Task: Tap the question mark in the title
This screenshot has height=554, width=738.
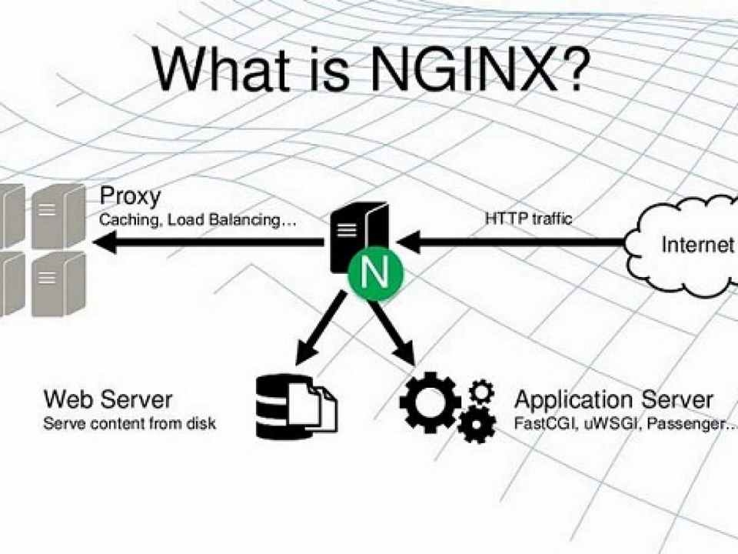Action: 574,65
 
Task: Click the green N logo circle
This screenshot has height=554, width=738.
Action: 376,272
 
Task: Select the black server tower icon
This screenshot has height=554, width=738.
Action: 359,238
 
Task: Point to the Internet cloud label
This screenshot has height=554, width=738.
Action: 697,245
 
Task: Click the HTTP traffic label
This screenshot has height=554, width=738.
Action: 529,219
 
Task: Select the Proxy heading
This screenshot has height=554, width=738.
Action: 131,196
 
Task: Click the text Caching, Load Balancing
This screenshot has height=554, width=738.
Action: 198,220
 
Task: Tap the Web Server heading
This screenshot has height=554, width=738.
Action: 108,399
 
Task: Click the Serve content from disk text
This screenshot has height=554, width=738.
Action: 129,423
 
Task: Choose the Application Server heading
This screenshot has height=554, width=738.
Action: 613,400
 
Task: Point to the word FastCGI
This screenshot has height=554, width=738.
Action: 546,423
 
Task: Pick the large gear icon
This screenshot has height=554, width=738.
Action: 430,402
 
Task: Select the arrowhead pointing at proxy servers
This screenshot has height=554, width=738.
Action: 105,242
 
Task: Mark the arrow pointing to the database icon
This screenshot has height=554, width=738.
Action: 321,328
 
